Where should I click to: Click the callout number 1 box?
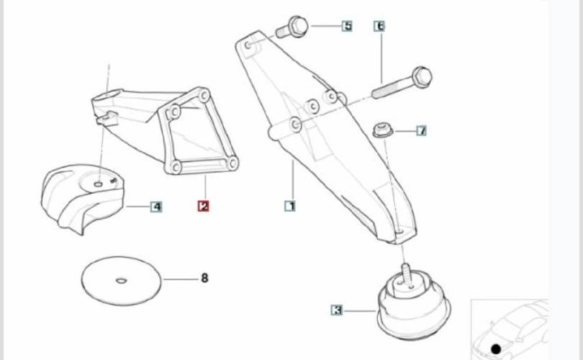pyautogui.click(x=290, y=206)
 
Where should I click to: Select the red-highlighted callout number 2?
pyautogui.click(x=204, y=206)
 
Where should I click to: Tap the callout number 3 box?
pyautogui.click(x=337, y=310)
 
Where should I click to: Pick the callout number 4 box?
pyautogui.click(x=156, y=207)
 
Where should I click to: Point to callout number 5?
pyautogui.click(x=347, y=26)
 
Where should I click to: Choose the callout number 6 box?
pyautogui.click(x=379, y=26)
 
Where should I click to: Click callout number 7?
pyautogui.click(x=421, y=130)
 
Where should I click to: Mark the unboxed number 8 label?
pyautogui.click(x=204, y=278)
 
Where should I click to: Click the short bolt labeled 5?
pyautogui.click(x=292, y=27)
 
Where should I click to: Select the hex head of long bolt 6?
pyautogui.click(x=422, y=77)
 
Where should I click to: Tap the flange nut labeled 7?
pyautogui.click(x=383, y=130)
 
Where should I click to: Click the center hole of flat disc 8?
pyautogui.click(x=121, y=280)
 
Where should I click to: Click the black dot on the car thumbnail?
pyautogui.click(x=496, y=349)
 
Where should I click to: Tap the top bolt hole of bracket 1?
pyautogui.click(x=248, y=45)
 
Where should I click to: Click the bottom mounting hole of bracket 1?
pyautogui.click(x=399, y=232)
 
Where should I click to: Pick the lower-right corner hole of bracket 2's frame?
pyautogui.click(x=232, y=163)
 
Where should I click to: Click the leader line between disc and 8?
pyautogui.click(x=181, y=279)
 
